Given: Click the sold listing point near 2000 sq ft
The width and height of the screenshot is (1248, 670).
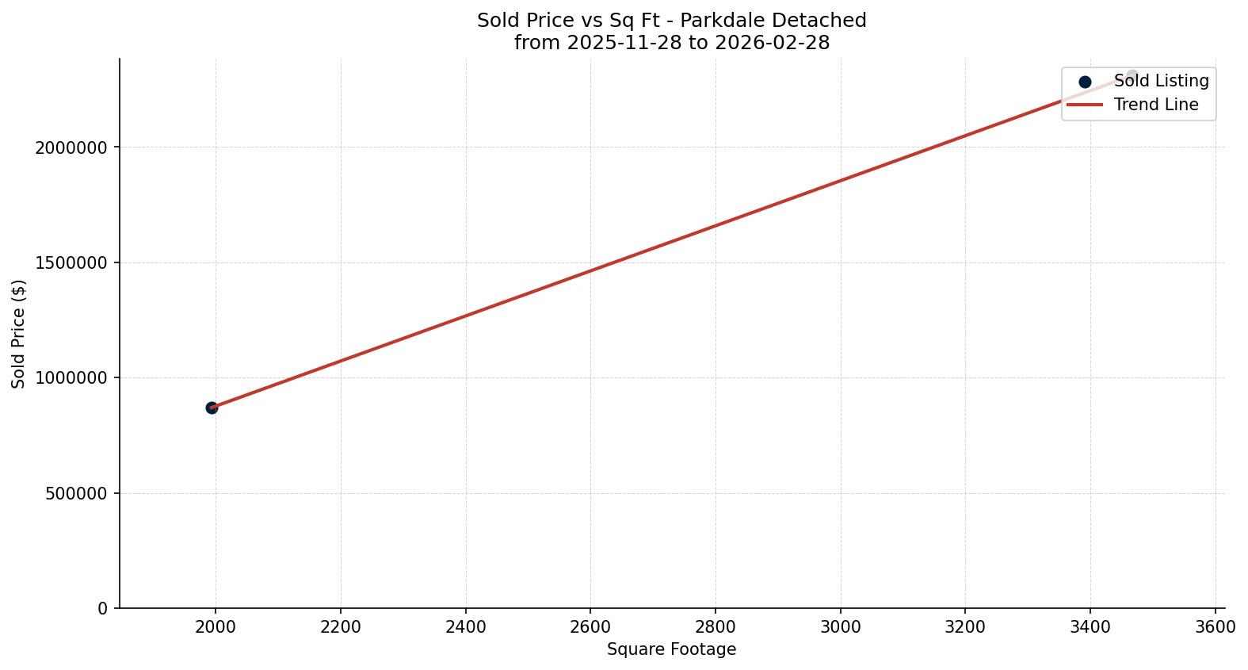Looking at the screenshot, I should (x=212, y=408).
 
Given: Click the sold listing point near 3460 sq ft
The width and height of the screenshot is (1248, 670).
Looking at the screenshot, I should (x=1132, y=77).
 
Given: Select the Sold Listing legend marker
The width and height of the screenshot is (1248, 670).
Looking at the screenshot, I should (x=1085, y=82).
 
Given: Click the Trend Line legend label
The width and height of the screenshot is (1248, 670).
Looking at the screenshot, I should (x=1155, y=105).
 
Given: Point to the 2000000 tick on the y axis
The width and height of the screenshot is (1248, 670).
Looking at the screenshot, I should (x=71, y=147).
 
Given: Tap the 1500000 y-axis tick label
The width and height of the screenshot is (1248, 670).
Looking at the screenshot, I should (x=71, y=262).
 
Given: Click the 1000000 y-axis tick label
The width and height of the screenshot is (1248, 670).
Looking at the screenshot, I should (x=71, y=378).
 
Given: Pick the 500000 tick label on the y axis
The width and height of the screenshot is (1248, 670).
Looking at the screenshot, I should (x=76, y=493).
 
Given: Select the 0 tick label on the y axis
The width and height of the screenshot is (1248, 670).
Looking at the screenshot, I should (x=103, y=609).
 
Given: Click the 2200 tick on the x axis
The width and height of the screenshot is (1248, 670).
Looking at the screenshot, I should (x=341, y=627).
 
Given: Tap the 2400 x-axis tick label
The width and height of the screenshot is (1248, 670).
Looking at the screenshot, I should (x=466, y=627).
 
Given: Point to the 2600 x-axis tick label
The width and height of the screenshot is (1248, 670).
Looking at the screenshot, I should (x=590, y=627).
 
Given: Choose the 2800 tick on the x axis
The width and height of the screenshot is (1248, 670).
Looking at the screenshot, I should (x=716, y=627).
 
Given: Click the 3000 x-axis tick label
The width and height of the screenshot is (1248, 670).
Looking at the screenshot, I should (x=841, y=627).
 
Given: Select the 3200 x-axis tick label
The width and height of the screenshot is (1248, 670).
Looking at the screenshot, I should (x=965, y=627).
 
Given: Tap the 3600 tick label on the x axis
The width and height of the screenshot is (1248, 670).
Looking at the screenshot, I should (x=1216, y=627).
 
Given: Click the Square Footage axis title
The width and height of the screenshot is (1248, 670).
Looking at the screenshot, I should (x=671, y=650).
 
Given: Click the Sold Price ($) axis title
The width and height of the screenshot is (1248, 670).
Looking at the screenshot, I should (x=18, y=334).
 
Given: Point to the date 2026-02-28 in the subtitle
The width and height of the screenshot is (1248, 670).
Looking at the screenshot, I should (x=772, y=43).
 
